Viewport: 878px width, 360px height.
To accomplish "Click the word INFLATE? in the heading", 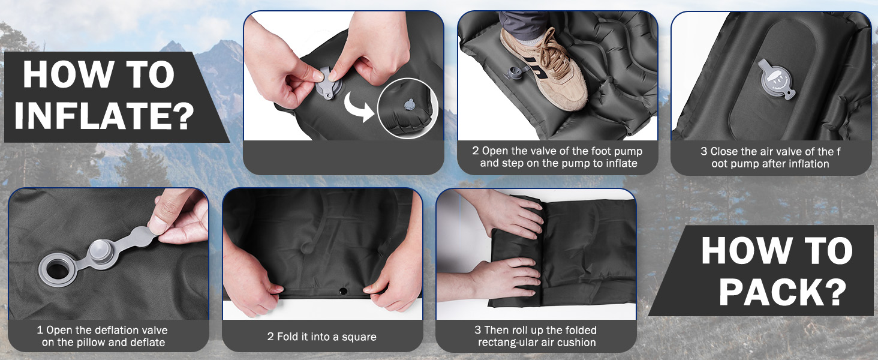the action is tap(104, 115).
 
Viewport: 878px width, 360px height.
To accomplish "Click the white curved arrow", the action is tap(358, 107).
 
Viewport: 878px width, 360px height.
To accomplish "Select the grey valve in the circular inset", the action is tap(410, 104).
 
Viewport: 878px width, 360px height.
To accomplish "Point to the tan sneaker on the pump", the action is tap(545, 67).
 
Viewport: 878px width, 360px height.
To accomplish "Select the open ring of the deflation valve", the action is tap(58, 270).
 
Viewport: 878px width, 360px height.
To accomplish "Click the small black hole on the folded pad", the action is tap(343, 292).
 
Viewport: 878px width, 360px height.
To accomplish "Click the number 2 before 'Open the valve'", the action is tap(476, 151).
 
